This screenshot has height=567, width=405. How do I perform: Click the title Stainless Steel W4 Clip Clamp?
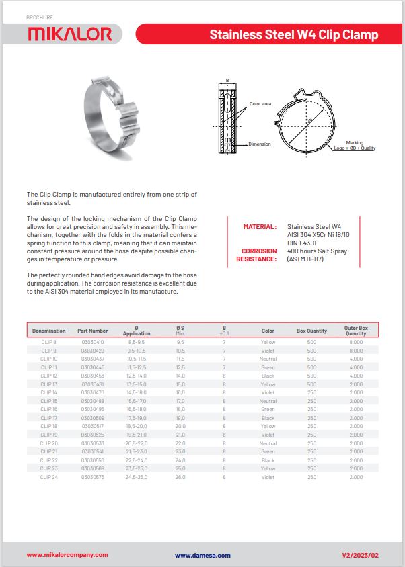click(293, 34)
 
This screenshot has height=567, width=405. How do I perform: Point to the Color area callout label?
click(260, 104)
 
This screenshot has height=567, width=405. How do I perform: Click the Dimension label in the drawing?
click(259, 144)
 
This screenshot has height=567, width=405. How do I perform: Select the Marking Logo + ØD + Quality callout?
click(355, 146)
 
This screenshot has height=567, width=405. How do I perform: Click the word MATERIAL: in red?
click(260, 227)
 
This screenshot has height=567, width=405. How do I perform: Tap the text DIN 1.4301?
click(302, 243)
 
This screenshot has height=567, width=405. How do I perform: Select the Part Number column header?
click(92, 331)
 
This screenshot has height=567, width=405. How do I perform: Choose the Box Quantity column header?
click(311, 331)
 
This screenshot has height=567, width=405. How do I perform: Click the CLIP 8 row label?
click(49, 342)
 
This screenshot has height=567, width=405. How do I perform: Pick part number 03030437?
click(92, 359)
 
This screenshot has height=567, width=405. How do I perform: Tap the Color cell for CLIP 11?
click(268, 367)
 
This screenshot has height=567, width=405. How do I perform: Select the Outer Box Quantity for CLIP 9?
click(356, 351)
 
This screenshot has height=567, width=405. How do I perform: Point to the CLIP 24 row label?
click(49, 477)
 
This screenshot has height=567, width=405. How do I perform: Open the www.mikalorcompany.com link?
click(67, 555)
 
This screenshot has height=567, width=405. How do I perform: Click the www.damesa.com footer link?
click(202, 555)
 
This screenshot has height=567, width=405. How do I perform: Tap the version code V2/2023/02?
click(361, 555)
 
